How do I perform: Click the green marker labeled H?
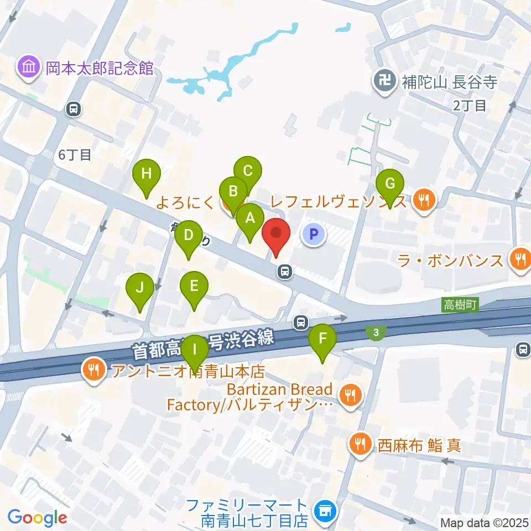click(146, 175)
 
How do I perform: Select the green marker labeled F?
click(323, 339)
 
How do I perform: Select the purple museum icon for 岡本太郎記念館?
click(28, 68)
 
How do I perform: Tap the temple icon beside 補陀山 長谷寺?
click(383, 82)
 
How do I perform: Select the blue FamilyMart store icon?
click(323, 512)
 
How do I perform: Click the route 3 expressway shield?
click(376, 332)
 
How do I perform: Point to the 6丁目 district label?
click(75, 155)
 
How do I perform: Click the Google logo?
click(37, 518)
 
